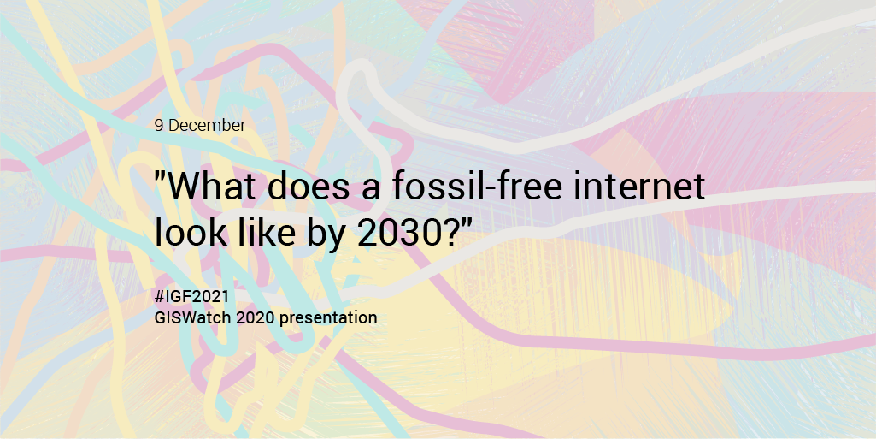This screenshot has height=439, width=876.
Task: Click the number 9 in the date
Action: click(x=159, y=125)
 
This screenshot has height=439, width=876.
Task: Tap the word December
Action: click(x=208, y=125)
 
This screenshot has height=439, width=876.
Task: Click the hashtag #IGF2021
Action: click(x=191, y=296)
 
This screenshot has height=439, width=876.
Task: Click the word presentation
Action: click(x=328, y=318)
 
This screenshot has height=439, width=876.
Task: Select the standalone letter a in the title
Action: click(x=371, y=190)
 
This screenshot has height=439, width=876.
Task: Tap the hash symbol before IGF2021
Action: click(x=159, y=296)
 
